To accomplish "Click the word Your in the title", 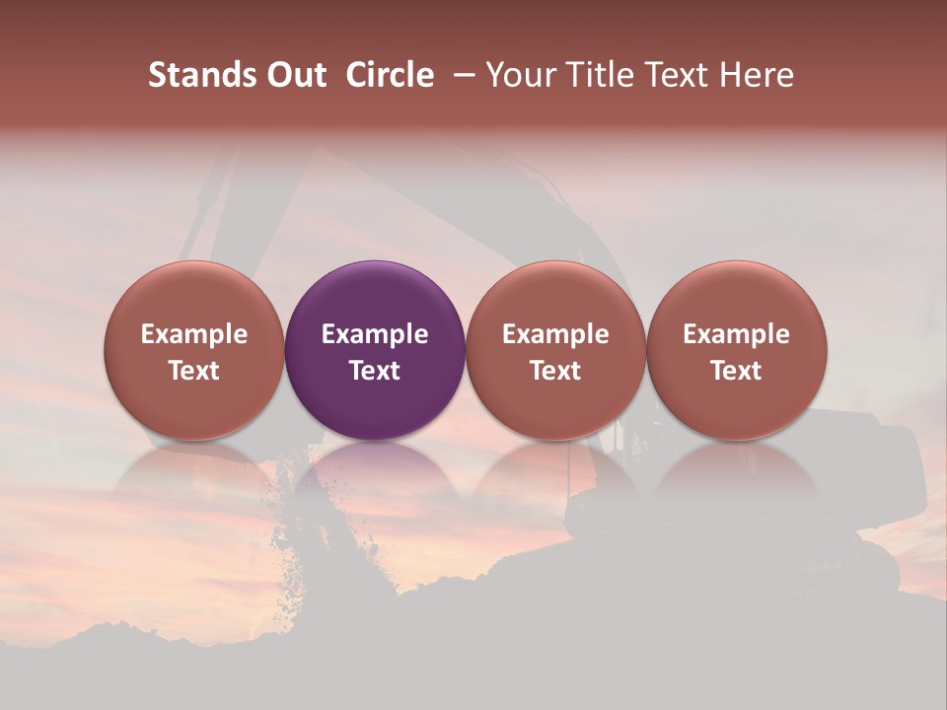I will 521,75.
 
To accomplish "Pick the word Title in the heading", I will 599,75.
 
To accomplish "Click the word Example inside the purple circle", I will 375,334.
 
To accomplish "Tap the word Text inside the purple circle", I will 375,371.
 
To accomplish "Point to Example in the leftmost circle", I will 194,334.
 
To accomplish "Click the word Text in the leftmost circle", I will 194,371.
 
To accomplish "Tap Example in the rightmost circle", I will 737,334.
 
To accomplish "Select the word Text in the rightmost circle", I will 737,371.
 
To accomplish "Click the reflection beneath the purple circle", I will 375,473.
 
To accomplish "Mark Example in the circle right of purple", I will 555,334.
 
